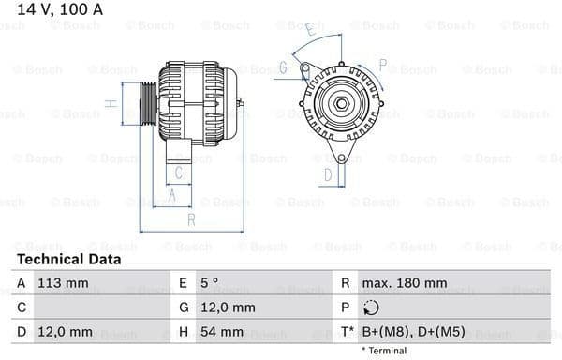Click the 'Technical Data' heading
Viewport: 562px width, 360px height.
(68, 260)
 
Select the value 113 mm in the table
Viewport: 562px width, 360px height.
(63, 282)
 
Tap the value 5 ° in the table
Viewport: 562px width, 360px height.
(211, 282)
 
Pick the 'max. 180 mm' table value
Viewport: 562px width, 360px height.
(405, 282)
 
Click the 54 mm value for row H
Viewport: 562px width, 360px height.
(219, 332)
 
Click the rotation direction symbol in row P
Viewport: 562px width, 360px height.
(371, 307)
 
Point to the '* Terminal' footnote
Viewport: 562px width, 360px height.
(384, 351)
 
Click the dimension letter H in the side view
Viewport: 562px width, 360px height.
(111, 103)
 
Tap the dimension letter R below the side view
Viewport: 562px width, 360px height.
(190, 220)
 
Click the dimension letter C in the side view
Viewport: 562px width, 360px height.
(181, 172)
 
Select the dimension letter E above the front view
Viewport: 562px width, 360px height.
(310, 29)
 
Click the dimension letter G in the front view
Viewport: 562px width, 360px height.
(282, 67)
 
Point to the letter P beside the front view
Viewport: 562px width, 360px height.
(382, 64)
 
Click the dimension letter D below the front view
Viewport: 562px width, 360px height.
(328, 173)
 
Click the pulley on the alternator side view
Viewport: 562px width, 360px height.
(147, 101)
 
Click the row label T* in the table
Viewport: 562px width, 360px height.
(347, 332)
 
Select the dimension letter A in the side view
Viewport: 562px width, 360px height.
(171, 195)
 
